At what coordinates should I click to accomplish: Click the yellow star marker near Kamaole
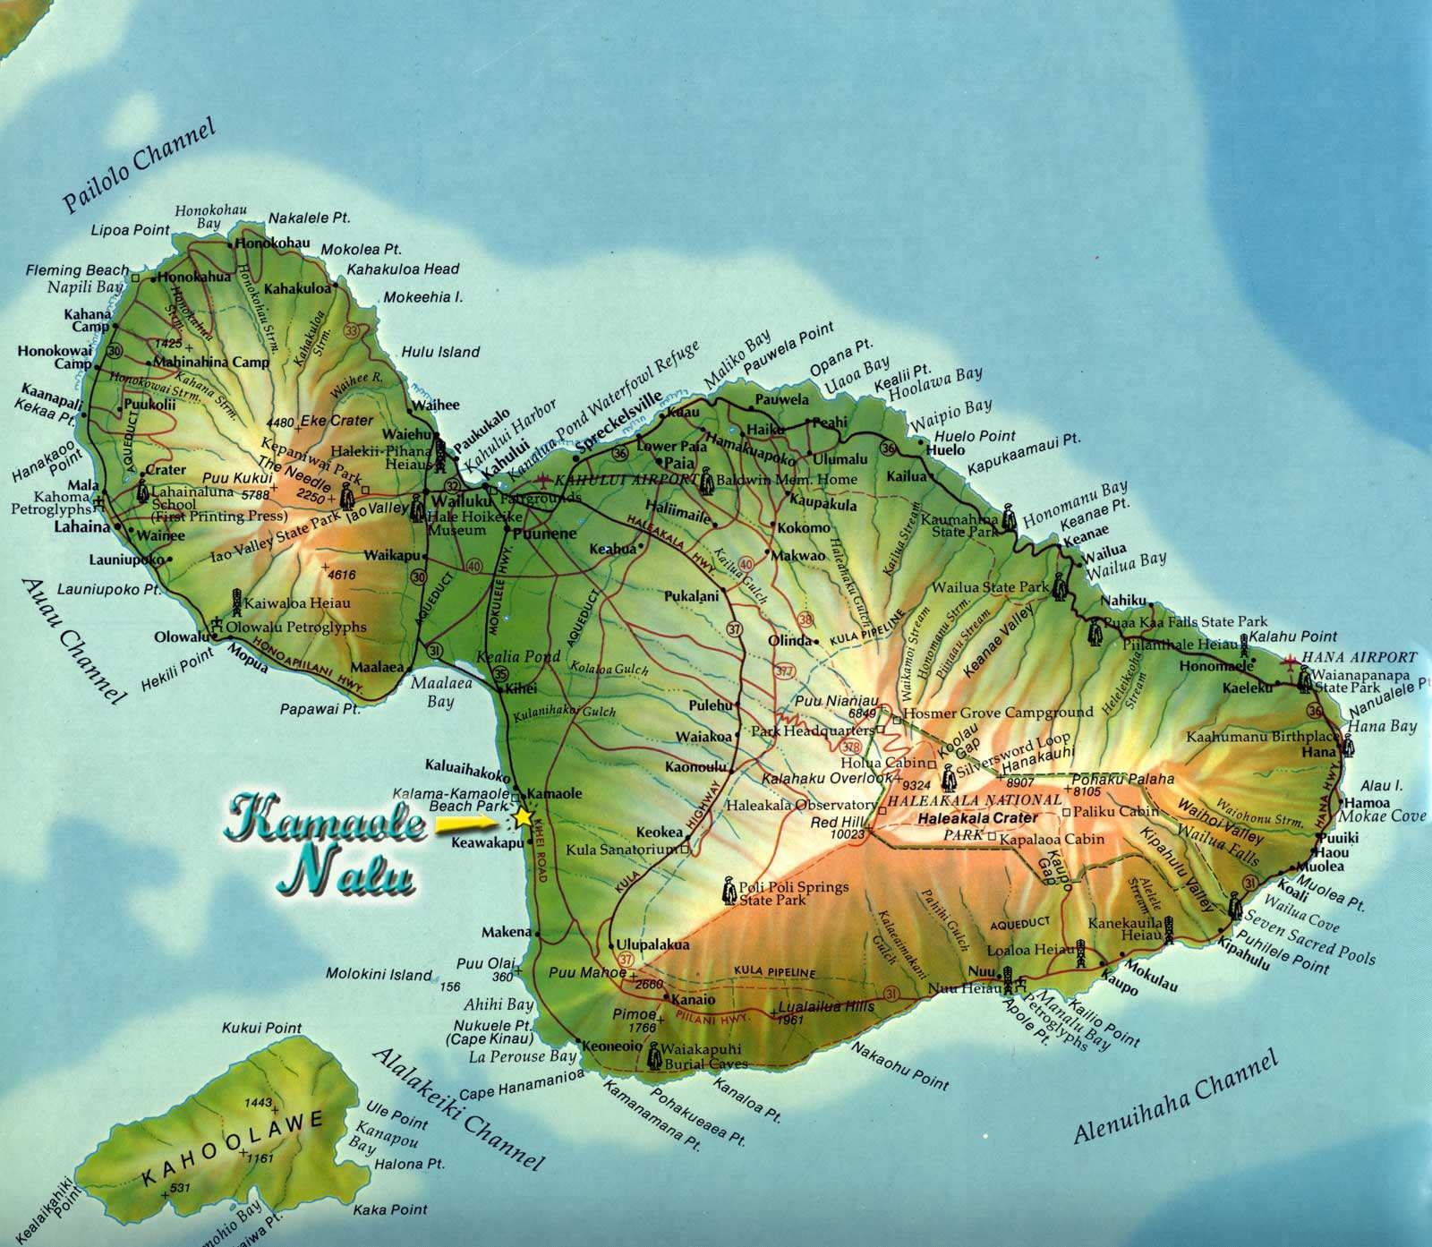click(523, 817)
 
